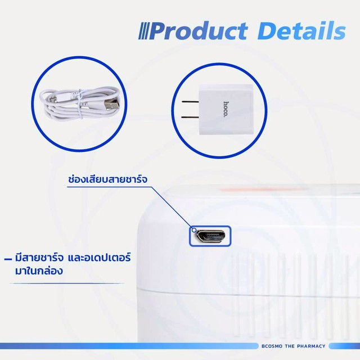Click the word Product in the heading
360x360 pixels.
pyautogui.click(x=199, y=31)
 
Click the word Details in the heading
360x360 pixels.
pyautogui.click(x=301, y=31)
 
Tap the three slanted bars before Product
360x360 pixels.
pyautogui.click(x=144, y=31)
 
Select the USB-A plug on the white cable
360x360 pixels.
pyautogui.click(x=111, y=105)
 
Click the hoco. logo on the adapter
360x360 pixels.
pyautogui.click(x=226, y=109)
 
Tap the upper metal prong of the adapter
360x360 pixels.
pyautogui.click(x=190, y=101)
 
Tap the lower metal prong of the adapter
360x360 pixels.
pyautogui.click(x=190, y=118)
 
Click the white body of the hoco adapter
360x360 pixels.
pyautogui.click(x=226, y=110)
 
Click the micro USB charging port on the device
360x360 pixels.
pyautogui.click(x=210, y=236)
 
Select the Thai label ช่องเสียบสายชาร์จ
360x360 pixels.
pyautogui.click(x=107, y=179)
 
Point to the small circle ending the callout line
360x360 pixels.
pyautogui.click(x=194, y=230)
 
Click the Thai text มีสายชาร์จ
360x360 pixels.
pyautogui.click(x=39, y=258)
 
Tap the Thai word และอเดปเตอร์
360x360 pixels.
pyautogui.click(x=100, y=258)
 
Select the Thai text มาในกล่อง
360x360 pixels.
pyautogui.click(x=39, y=271)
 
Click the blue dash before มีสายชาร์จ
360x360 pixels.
pyautogui.click(x=8, y=259)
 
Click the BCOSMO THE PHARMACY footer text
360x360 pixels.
pyautogui.click(x=294, y=346)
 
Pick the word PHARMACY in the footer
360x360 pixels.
pyautogui.click(x=311, y=346)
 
